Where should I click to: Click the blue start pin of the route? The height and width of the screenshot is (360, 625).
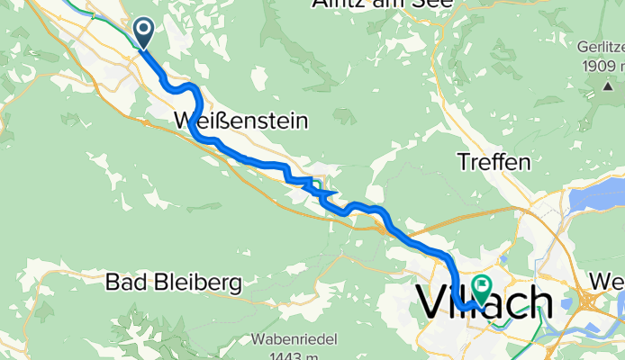tap(144, 33)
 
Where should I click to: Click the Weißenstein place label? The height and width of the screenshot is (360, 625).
tap(240, 120)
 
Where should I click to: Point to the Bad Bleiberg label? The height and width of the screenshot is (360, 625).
tap(174, 283)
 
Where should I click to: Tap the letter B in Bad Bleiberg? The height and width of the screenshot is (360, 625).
tap(113, 283)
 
